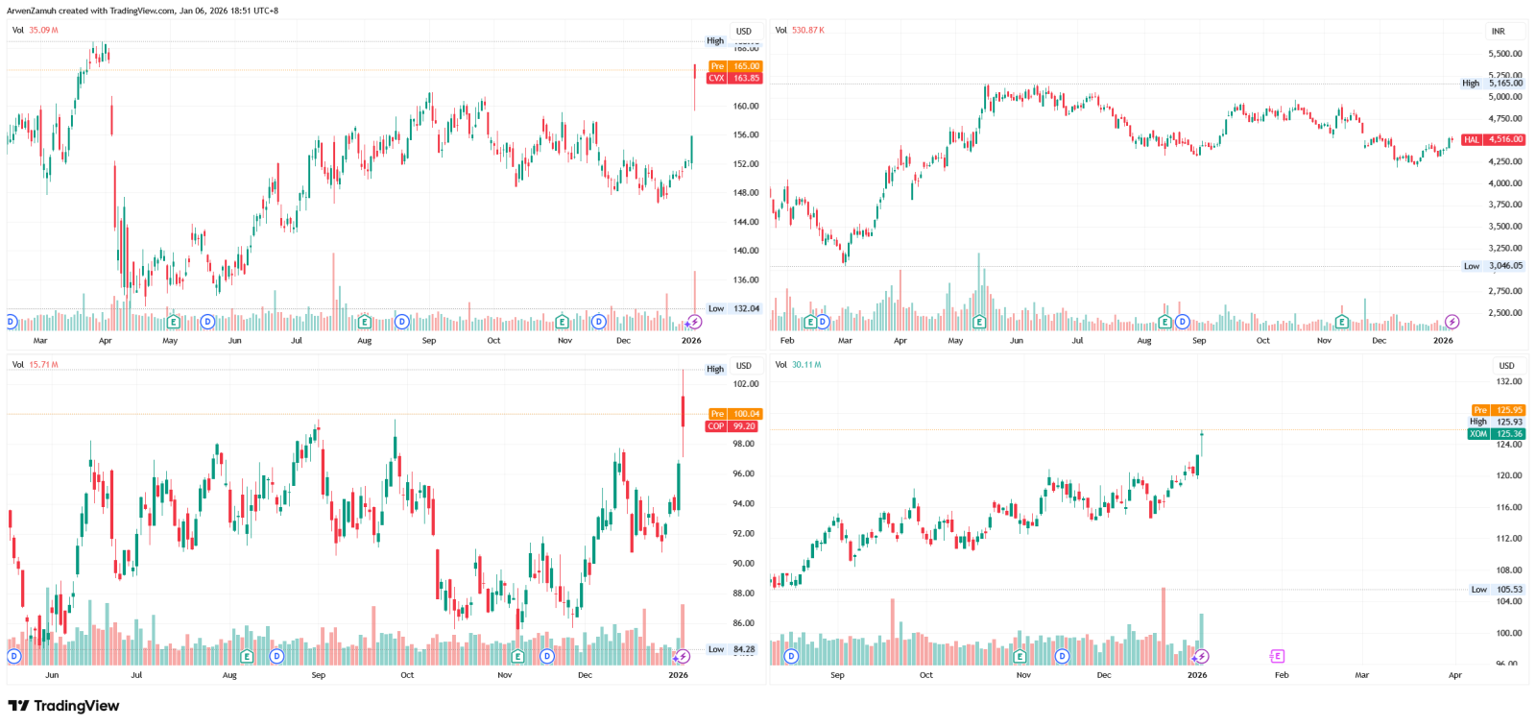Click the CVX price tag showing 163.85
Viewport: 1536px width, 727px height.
[734, 79]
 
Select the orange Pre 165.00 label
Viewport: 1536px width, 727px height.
[734, 66]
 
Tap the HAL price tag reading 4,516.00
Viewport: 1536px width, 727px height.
[1493, 139]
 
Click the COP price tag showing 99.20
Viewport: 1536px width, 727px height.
[732, 426]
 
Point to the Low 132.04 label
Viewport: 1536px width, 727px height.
[734, 309]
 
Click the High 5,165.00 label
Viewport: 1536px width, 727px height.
[1493, 84]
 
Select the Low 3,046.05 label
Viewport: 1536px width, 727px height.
[1494, 266]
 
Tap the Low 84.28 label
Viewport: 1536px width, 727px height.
[732, 649]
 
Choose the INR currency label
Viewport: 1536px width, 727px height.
[1498, 32]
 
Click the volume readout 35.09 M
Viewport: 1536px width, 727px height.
[43, 31]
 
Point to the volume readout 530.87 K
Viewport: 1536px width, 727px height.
[807, 31]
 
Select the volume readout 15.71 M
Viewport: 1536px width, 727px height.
[43, 365]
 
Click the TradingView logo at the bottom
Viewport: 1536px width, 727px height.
[63, 706]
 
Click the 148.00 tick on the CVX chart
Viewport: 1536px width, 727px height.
[746, 193]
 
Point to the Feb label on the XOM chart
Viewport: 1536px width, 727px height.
[1282, 675]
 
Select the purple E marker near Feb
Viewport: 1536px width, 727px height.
[1277, 656]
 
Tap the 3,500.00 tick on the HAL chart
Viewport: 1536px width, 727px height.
[1504, 227]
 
